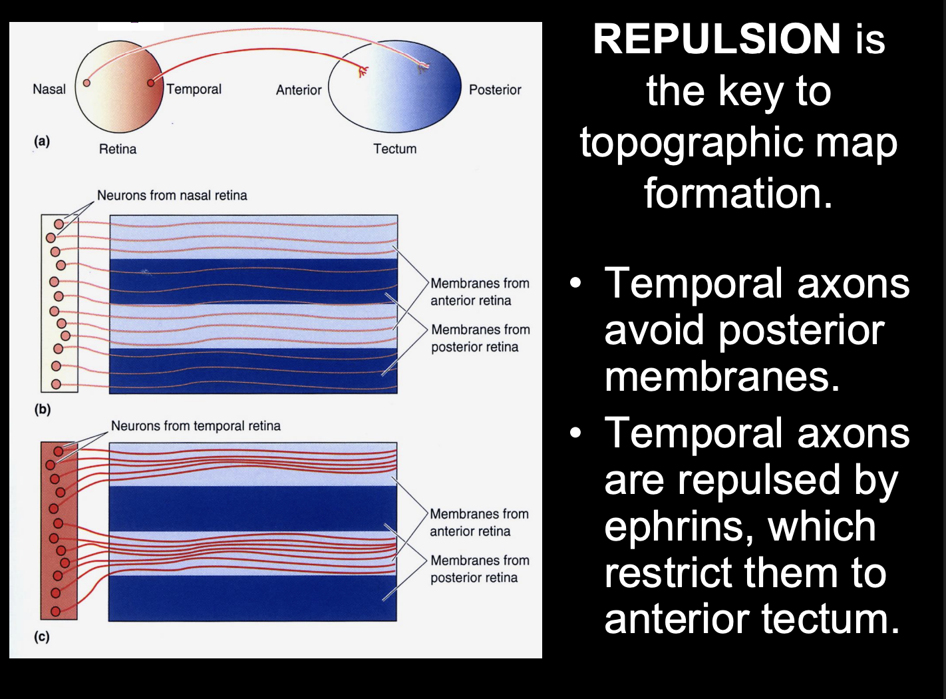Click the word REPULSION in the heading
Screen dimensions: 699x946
pos(717,39)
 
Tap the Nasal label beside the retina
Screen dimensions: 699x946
pos(49,89)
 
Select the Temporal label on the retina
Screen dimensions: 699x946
pos(194,89)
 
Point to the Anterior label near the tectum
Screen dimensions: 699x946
pos(299,90)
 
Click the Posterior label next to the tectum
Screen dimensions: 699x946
pos(495,90)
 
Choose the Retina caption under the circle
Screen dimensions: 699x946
pos(118,149)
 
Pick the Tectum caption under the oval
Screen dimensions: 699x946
pos(394,149)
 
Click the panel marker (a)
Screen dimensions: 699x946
pos(42,141)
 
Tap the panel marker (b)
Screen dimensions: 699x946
pos(43,409)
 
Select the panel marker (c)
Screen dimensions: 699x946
pos(42,637)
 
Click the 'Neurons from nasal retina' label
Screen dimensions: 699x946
pos(172,196)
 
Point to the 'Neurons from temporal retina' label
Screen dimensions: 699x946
pos(196,426)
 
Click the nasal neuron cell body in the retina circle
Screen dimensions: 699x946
pos(86,83)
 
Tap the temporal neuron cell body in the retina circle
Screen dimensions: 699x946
pos(151,83)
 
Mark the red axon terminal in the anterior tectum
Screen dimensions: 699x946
pos(363,71)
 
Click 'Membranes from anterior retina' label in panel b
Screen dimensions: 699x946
pos(480,292)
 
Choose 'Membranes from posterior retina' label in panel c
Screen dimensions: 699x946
pos(480,569)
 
